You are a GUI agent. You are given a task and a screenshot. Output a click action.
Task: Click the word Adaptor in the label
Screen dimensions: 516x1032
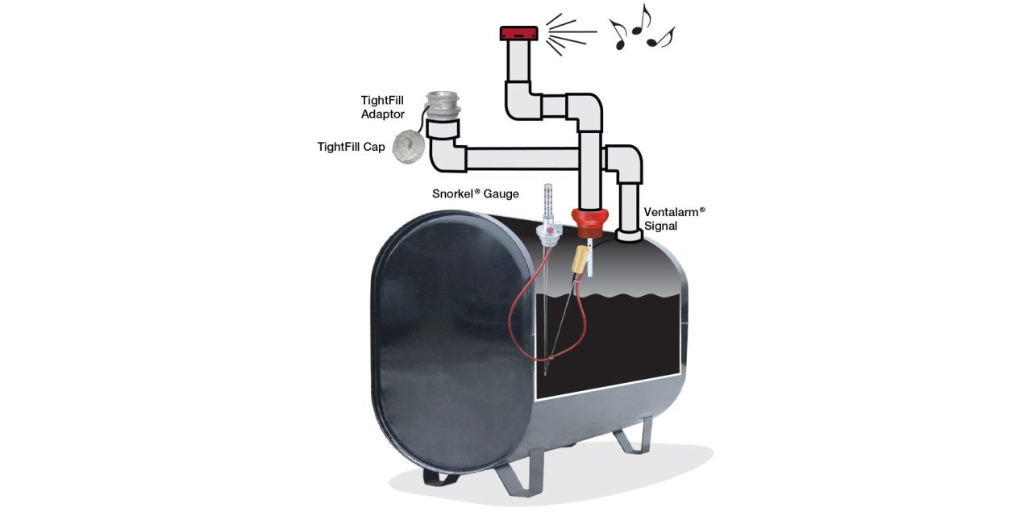pyautogui.click(x=383, y=114)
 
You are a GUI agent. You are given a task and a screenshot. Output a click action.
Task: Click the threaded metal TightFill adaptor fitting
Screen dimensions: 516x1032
pyautogui.click(x=443, y=106)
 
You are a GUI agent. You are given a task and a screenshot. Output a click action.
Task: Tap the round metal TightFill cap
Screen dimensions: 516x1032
pyautogui.click(x=407, y=147)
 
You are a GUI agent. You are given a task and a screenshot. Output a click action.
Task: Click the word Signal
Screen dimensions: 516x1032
pyautogui.click(x=660, y=227)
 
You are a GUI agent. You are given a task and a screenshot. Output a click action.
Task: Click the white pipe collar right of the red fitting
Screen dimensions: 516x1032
pyautogui.click(x=628, y=235)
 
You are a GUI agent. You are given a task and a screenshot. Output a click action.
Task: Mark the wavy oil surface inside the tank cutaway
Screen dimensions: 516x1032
pyautogui.click(x=613, y=299)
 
